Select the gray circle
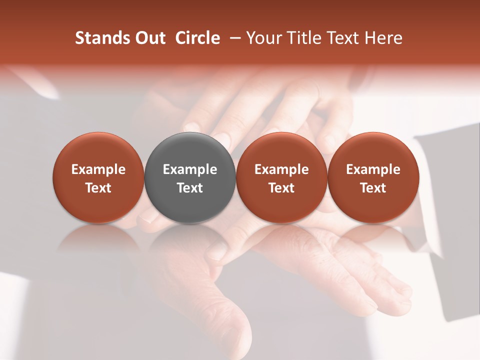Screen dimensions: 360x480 pyautogui.click(x=190, y=177)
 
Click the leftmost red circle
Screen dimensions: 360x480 pyautogui.click(x=98, y=177)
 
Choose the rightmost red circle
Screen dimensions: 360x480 pyautogui.click(x=373, y=177)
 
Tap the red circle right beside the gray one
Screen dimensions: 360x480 pyautogui.click(x=281, y=177)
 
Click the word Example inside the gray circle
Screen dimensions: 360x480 pyautogui.click(x=190, y=169)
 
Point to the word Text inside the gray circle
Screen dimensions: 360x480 pyautogui.click(x=190, y=188)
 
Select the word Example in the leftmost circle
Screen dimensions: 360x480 pyautogui.click(x=98, y=169)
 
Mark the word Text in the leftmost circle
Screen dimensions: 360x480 pyautogui.click(x=98, y=188)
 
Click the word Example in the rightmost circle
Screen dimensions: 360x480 pyautogui.click(x=373, y=169)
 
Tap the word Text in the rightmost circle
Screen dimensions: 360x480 pyautogui.click(x=373, y=188)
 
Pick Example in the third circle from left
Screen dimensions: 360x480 pyautogui.click(x=281, y=169)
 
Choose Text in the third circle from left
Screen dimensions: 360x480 pyautogui.click(x=281, y=188)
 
